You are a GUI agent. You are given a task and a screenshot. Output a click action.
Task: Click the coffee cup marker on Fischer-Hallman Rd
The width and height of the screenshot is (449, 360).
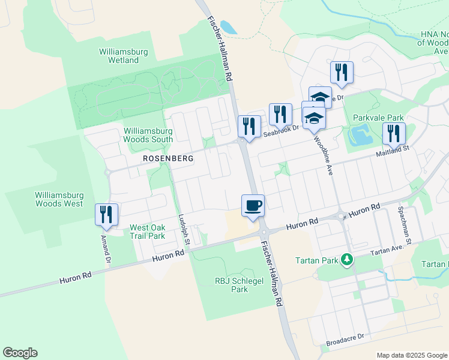pyautogui.click(x=253, y=206)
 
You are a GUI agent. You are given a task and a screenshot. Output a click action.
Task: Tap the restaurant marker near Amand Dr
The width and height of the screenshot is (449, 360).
pyautogui.click(x=107, y=215)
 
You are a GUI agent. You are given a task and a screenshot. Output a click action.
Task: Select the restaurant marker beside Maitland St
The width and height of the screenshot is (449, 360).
pyautogui.click(x=394, y=134)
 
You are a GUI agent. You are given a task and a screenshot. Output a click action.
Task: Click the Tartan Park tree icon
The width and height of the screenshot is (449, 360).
pyautogui.click(x=346, y=260)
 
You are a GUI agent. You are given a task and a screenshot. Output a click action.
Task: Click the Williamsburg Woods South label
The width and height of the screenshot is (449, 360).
pyautogui.click(x=148, y=135)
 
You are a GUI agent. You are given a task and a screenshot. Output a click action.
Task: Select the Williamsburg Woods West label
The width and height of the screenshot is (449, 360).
pyautogui.click(x=59, y=199)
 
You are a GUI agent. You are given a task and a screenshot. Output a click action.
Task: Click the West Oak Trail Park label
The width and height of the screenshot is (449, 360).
pyautogui.click(x=148, y=232)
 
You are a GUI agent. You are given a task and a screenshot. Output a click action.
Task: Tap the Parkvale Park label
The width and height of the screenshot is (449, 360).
pyautogui.click(x=379, y=118)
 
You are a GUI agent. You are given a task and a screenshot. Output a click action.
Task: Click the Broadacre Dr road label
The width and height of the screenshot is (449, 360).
pyautogui.click(x=345, y=340)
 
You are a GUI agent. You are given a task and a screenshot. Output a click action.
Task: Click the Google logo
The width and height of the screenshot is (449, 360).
pyautogui.click(x=20, y=353)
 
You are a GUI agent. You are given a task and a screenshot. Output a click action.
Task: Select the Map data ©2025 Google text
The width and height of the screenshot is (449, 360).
pyautogui.click(x=411, y=355)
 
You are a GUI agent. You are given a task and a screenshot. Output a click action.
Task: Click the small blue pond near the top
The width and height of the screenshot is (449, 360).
pyautogui.click(x=229, y=27)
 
